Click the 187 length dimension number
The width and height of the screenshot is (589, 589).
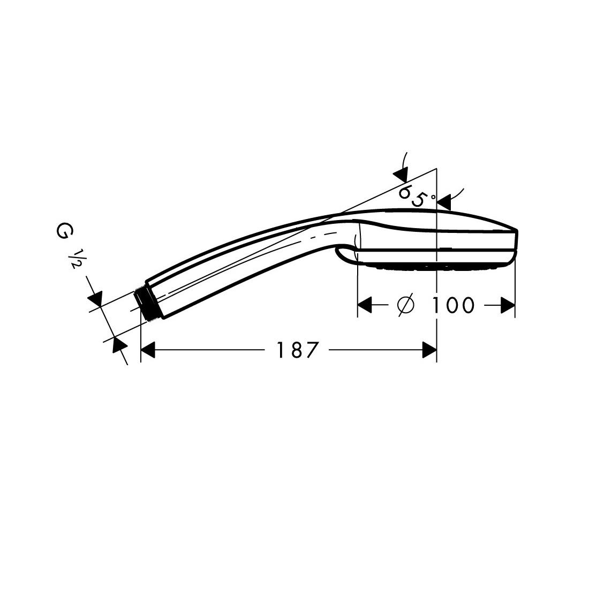click(297, 350)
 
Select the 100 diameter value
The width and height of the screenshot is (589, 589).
click(452, 305)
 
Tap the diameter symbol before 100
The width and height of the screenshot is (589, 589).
click(406, 305)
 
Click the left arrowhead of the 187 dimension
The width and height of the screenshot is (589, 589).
click(148, 350)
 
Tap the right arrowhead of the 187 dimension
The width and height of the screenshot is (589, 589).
click(429, 350)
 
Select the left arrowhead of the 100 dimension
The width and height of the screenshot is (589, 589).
click(364, 305)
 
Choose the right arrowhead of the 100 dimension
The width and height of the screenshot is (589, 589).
click(508, 305)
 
